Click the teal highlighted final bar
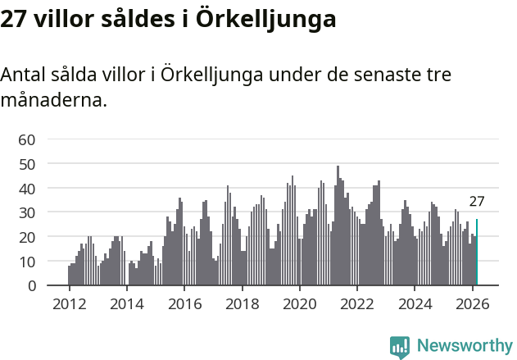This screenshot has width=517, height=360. (x=477, y=253)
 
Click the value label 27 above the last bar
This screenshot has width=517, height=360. (x=477, y=202)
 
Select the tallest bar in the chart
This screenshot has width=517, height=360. (x=338, y=226)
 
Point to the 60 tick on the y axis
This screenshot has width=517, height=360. (x=26, y=139)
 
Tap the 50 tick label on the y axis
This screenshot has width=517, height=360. (x=26, y=164)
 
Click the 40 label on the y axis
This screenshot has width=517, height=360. (x=26, y=188)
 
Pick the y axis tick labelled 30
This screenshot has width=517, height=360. (x=26, y=212)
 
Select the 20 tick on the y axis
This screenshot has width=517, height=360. (x=26, y=237)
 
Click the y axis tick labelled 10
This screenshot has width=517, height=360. (x=26, y=261)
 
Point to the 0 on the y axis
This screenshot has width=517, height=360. (x=30, y=285)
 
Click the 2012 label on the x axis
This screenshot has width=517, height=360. (x=69, y=304)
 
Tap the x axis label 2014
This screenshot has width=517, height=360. (x=126, y=304)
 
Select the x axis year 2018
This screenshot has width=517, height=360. (x=242, y=304)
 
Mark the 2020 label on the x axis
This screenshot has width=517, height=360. (x=300, y=304)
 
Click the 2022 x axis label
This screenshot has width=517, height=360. (x=357, y=304)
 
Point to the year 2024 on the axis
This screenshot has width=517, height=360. (x=415, y=304)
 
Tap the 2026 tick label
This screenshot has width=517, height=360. (x=473, y=304)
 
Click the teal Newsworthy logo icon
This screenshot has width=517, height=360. (x=400, y=347)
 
